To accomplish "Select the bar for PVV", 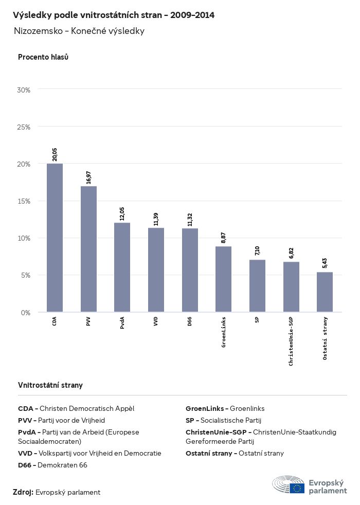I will point(88,249).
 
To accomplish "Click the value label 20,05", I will point(55,154).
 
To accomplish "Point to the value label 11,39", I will point(156,219).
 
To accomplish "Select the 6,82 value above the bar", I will point(291,252).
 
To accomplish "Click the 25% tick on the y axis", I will point(24,127).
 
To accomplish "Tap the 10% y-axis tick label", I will point(24,238).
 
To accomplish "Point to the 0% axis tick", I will point(26,313).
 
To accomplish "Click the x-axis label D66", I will point(190,322).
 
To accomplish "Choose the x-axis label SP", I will point(257,320).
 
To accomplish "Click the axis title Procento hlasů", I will point(43,57).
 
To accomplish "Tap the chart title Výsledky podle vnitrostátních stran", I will point(113,15).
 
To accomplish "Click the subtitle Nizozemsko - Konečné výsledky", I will point(79,31).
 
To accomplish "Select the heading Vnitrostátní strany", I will point(50,385).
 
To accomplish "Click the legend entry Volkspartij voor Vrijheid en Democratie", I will point(89,453).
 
